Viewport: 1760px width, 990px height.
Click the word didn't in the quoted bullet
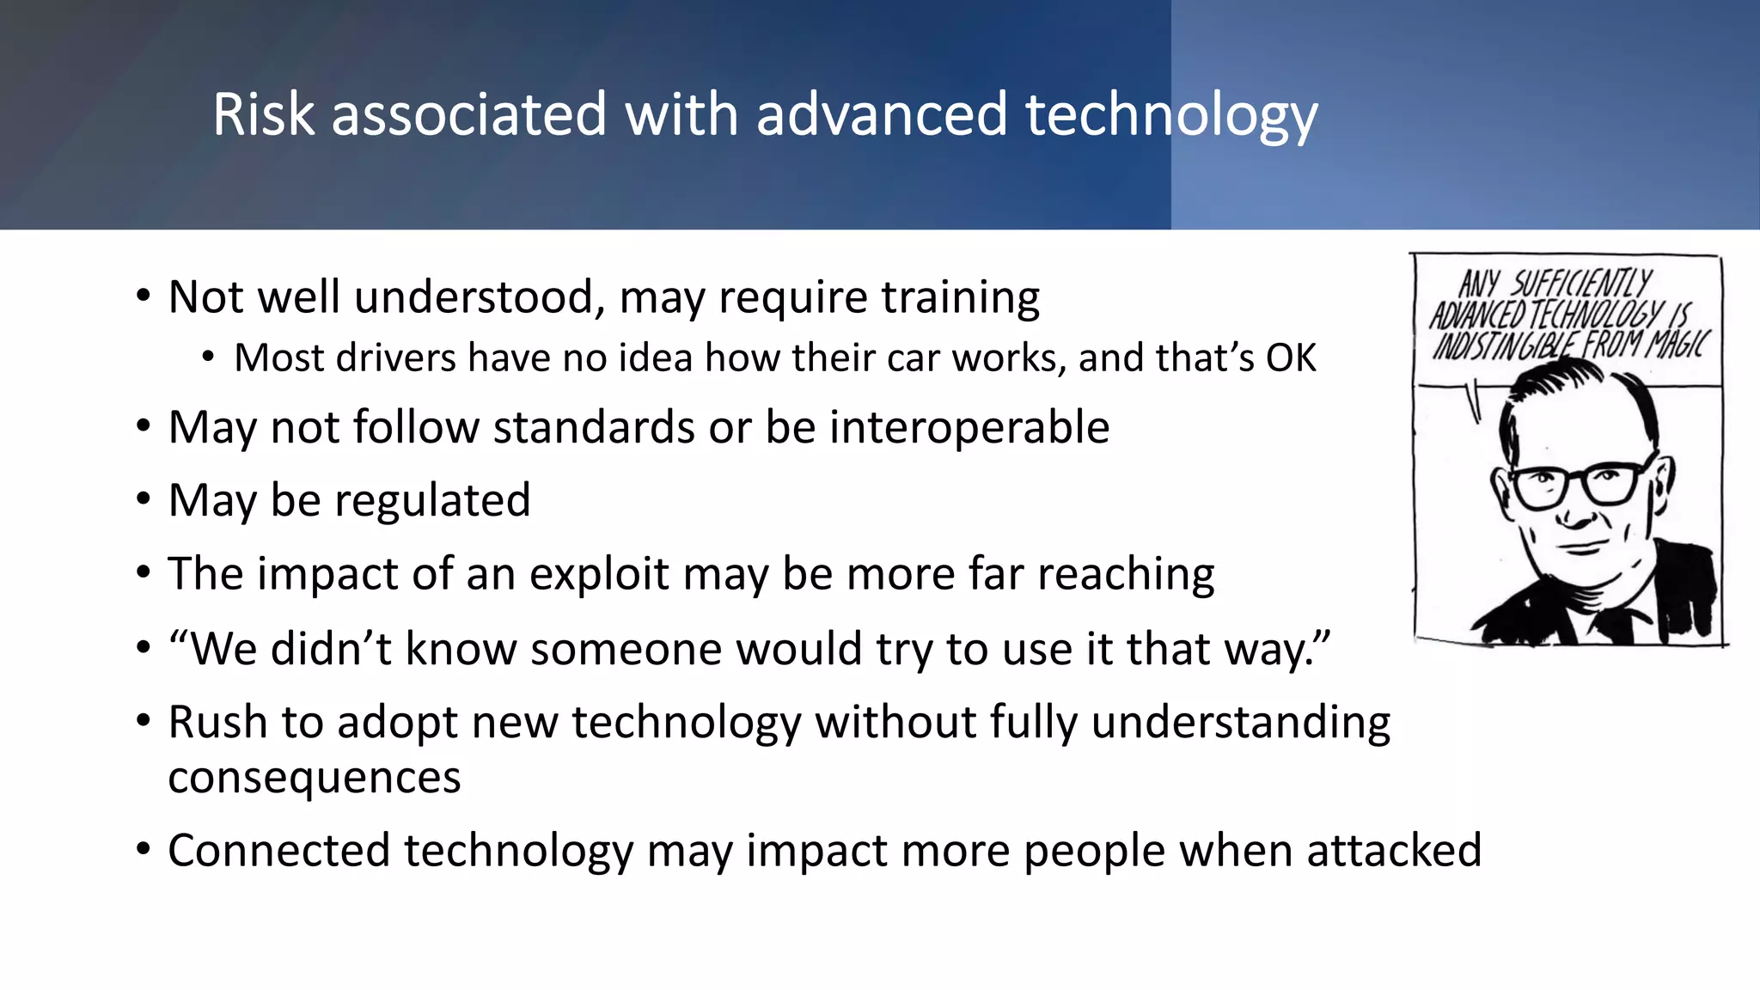(x=330, y=648)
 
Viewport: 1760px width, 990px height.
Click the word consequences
(x=314, y=778)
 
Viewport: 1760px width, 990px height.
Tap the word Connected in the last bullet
(x=279, y=850)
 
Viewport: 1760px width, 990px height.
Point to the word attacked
(x=1394, y=850)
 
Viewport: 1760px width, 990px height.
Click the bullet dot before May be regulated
(x=144, y=499)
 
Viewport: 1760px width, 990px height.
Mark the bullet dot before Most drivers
(x=208, y=357)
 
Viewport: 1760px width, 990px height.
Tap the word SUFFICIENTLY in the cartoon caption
(x=1581, y=283)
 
